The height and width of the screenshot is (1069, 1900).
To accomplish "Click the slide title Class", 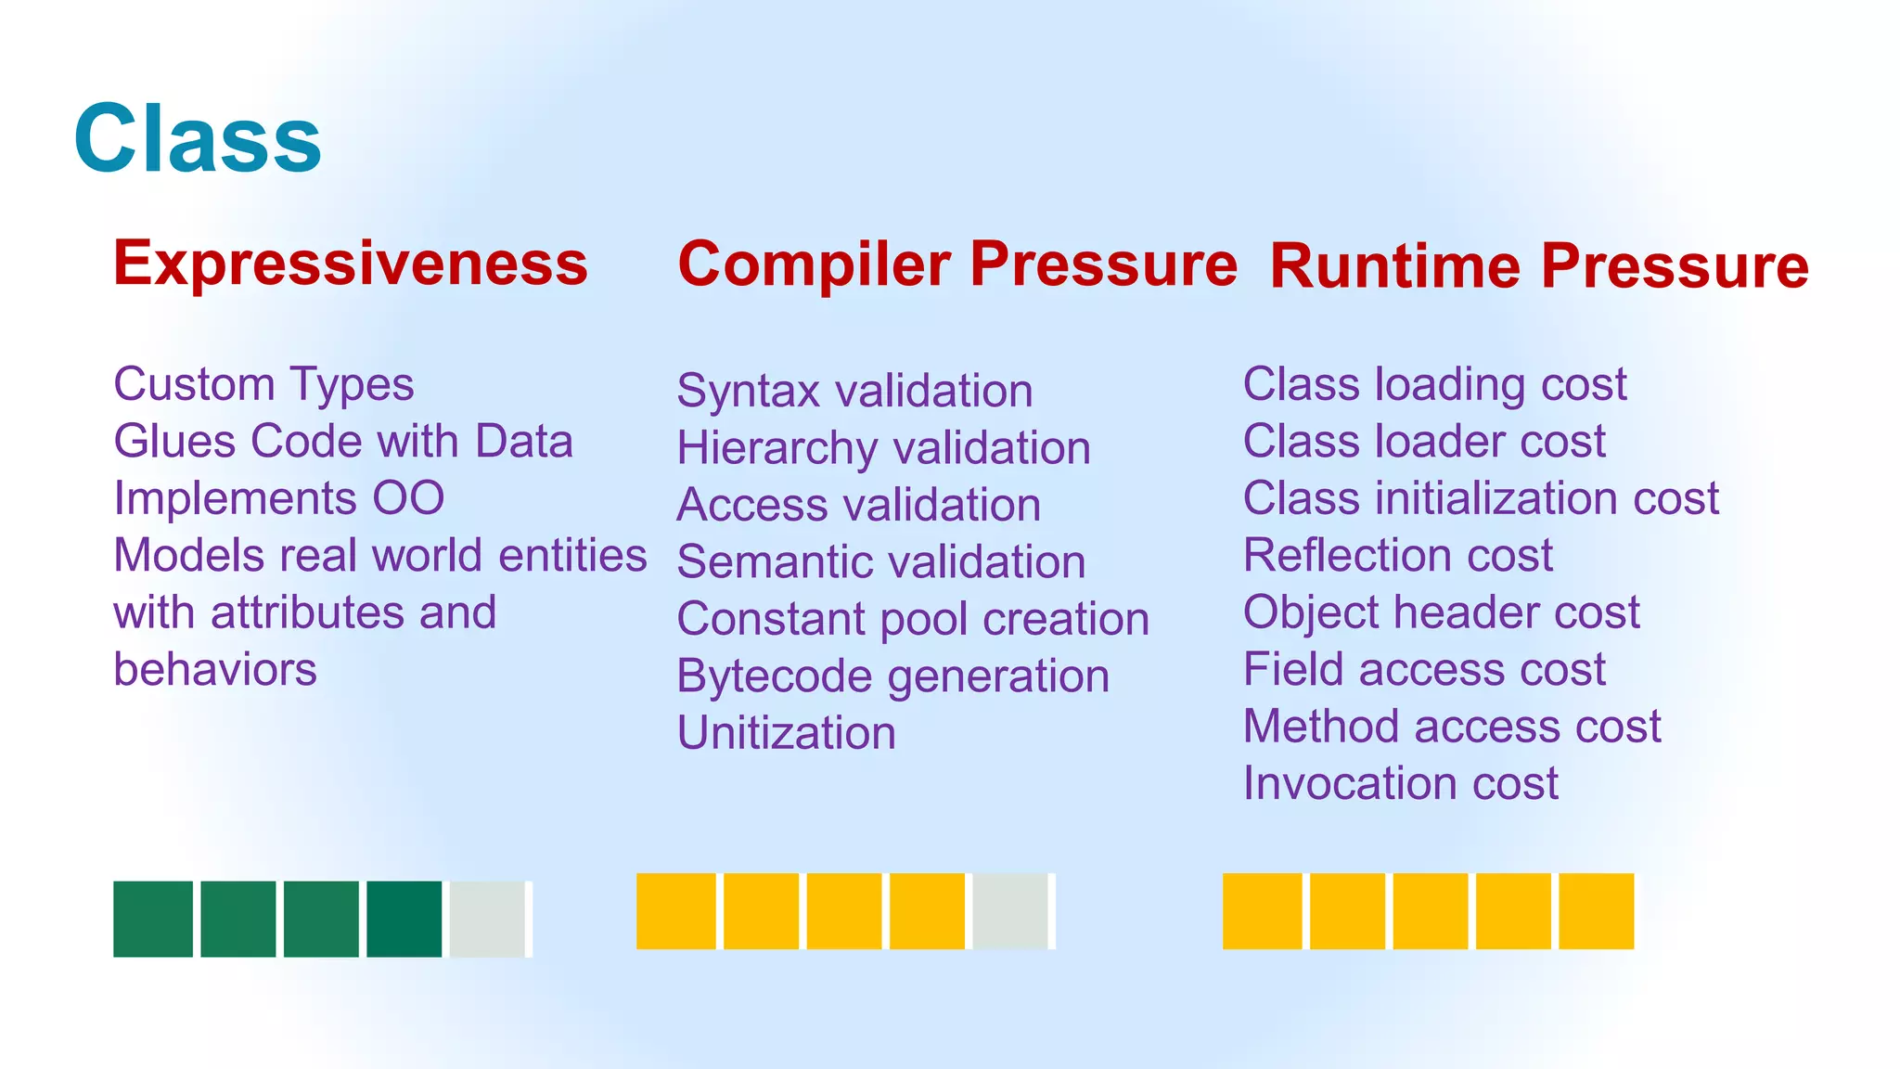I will (198, 140).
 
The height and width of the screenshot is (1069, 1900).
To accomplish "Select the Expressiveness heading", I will (351, 264).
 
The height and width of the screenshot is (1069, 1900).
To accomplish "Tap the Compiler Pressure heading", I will (957, 264).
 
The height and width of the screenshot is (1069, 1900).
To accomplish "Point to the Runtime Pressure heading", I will (1539, 267).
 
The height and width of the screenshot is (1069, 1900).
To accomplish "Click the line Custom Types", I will (263, 384).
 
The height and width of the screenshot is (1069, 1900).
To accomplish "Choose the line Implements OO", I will (278, 498).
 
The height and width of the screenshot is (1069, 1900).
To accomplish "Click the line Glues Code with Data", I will (343, 442).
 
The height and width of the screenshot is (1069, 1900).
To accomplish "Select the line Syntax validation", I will (854, 391).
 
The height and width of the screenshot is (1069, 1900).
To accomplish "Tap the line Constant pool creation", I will (913, 619).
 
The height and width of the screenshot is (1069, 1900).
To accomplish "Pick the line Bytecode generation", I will (892, 676).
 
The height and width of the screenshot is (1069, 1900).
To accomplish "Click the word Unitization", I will (787, 733).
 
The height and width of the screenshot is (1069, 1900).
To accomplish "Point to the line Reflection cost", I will (1397, 556).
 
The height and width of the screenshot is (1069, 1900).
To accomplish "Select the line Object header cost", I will (1441, 612).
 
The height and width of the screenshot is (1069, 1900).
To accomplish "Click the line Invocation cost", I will (1400, 783).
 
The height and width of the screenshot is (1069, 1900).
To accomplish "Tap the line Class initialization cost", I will (1481, 498).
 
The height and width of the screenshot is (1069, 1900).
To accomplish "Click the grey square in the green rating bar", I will (487, 919).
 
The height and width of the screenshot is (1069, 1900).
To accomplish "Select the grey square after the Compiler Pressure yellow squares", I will (1010, 910).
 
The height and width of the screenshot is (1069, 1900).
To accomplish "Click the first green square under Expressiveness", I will (153, 919).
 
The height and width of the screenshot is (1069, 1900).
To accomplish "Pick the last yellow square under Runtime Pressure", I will (1596, 910).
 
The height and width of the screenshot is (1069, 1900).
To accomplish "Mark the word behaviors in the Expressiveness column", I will (215, 670).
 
